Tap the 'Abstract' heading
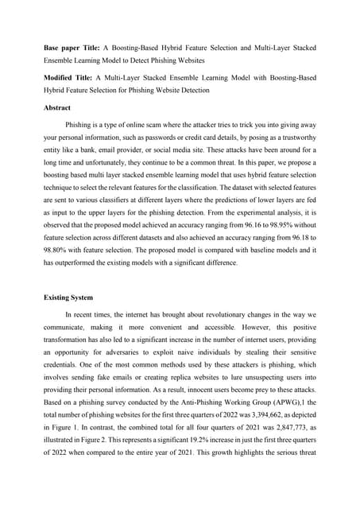[56, 107]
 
